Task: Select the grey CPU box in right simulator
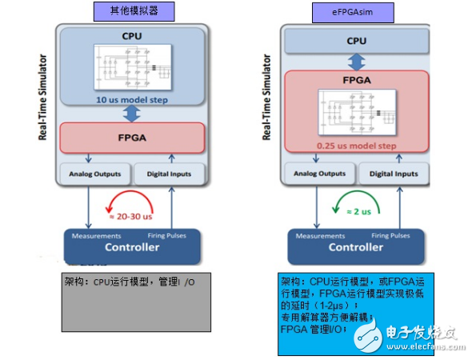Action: [356, 40]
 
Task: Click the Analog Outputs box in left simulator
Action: [94, 173]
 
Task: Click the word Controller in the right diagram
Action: [355, 246]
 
